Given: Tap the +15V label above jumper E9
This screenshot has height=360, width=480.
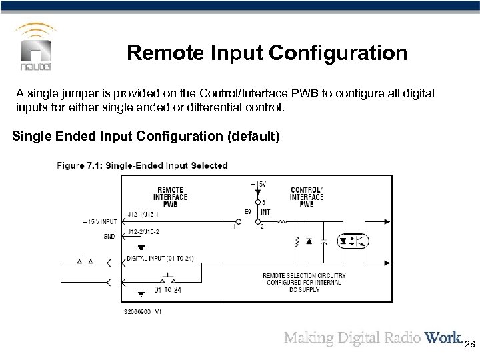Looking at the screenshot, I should point(257,183).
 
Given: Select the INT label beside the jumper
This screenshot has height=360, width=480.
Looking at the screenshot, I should point(265,212).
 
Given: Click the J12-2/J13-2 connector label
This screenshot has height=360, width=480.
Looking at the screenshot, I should point(144,231).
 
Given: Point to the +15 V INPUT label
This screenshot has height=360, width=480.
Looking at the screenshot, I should point(100,221).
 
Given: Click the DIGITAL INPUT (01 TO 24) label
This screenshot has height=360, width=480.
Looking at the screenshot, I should point(160,259).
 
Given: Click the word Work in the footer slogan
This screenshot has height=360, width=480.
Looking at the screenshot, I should point(438,338).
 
